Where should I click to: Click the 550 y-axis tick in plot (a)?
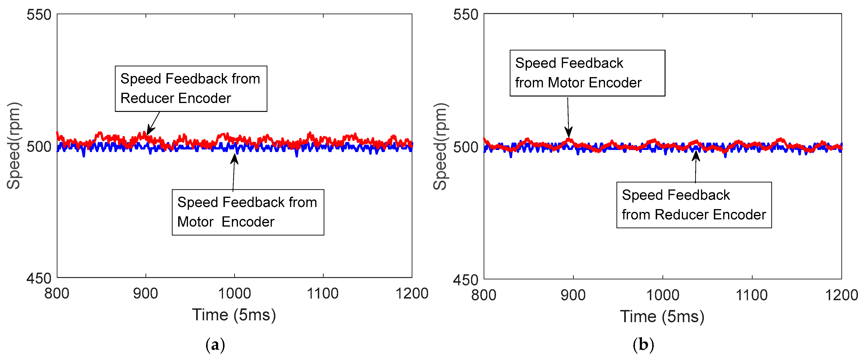pos(39,15)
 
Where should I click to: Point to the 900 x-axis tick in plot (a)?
pos(145,294)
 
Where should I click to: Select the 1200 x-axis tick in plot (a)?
pos(411,294)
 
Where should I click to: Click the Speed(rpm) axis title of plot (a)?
pos(14,146)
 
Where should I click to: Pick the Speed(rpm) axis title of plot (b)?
pos(440,147)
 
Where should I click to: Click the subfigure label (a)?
pos(215,345)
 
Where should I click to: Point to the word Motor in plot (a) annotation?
pos(195,222)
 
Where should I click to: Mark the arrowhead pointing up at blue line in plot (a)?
pos(234,158)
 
